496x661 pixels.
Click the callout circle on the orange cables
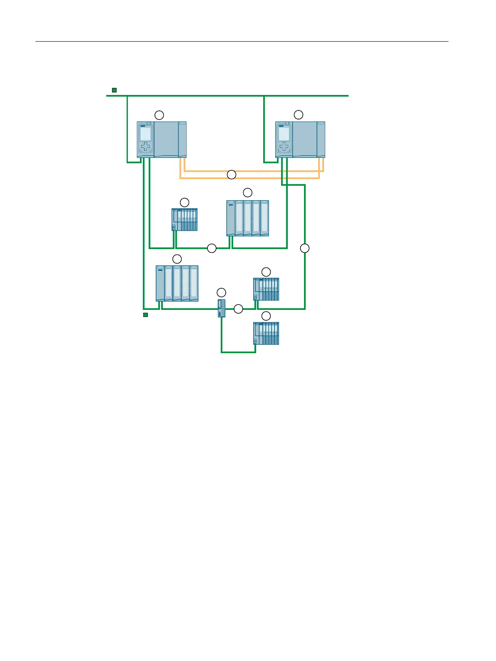(232, 175)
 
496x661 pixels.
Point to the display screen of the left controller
(145, 134)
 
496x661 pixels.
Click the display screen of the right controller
(284, 134)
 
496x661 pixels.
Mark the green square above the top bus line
(114, 90)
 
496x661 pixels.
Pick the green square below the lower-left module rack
(145, 315)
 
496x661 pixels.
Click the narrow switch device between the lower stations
(222, 308)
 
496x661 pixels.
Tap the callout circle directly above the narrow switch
(222, 292)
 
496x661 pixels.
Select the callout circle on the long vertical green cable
(305, 248)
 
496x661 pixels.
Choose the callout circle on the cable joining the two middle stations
(212, 248)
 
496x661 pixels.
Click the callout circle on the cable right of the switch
(238, 309)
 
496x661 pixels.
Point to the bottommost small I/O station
(266, 333)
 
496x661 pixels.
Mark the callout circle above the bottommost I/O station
(266, 316)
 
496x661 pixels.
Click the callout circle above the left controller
(159, 115)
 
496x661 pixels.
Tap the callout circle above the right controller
(299, 115)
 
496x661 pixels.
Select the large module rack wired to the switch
(177, 283)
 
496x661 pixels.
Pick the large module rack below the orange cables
(248, 218)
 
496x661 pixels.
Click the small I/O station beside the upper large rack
(184, 220)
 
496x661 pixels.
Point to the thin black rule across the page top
(242, 42)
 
